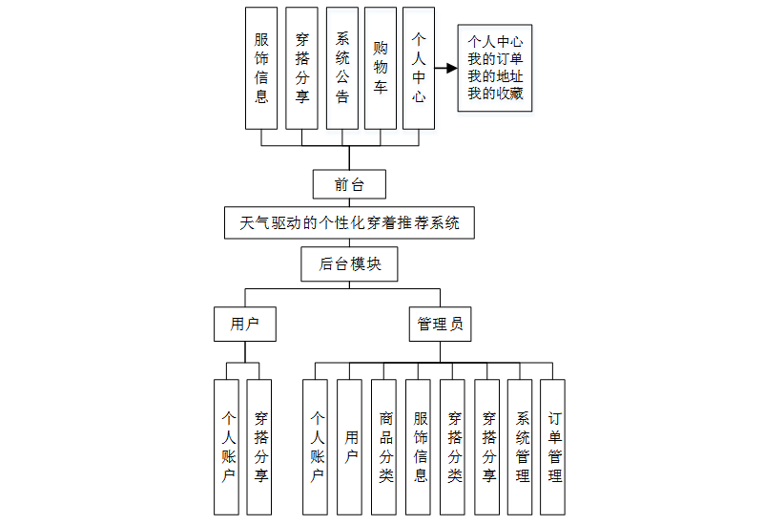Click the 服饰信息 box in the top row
[x=261, y=68]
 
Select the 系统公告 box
[x=342, y=68]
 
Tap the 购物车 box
[x=381, y=68]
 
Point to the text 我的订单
[x=494, y=59]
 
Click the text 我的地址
[x=494, y=76]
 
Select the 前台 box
[x=349, y=183]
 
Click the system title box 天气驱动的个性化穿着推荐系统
[x=349, y=223]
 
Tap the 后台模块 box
[x=349, y=264]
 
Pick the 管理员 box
[x=440, y=325]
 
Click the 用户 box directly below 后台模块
[x=245, y=325]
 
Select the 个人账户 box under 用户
[x=228, y=447]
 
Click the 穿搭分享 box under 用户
[x=260, y=447]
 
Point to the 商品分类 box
[x=385, y=447]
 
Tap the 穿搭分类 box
[x=454, y=447]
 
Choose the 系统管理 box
[x=522, y=447]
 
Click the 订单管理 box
[x=554, y=447]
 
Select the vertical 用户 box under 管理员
[x=351, y=447]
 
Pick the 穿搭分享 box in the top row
[x=302, y=68]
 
